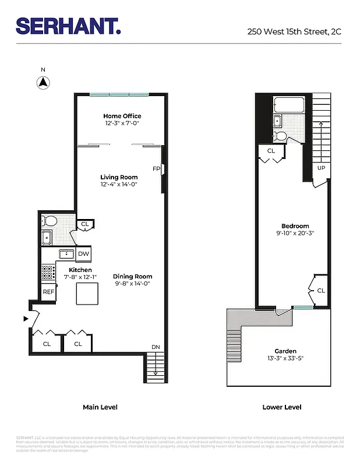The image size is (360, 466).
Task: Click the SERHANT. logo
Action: [68, 26]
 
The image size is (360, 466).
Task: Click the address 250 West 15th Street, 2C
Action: [294, 31]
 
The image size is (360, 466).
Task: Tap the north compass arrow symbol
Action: [43, 82]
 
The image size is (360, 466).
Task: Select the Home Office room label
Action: [122, 116]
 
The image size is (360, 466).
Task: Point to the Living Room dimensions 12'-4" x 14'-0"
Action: [119, 185]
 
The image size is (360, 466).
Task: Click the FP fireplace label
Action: [156, 169]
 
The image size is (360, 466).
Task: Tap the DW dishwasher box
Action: [83, 254]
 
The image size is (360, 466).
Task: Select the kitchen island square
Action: [86, 295]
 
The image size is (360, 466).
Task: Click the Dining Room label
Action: [132, 277]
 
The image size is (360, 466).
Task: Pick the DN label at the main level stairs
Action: [156, 347]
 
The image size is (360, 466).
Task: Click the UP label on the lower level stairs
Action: [321, 168]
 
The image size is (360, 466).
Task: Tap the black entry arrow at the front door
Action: [24, 319]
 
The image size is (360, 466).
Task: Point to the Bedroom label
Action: [295, 226]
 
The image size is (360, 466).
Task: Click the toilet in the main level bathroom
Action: [50, 221]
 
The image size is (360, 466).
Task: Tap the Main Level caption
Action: [100, 407]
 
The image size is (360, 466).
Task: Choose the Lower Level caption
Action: [282, 407]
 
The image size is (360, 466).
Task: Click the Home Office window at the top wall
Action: [119, 94]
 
